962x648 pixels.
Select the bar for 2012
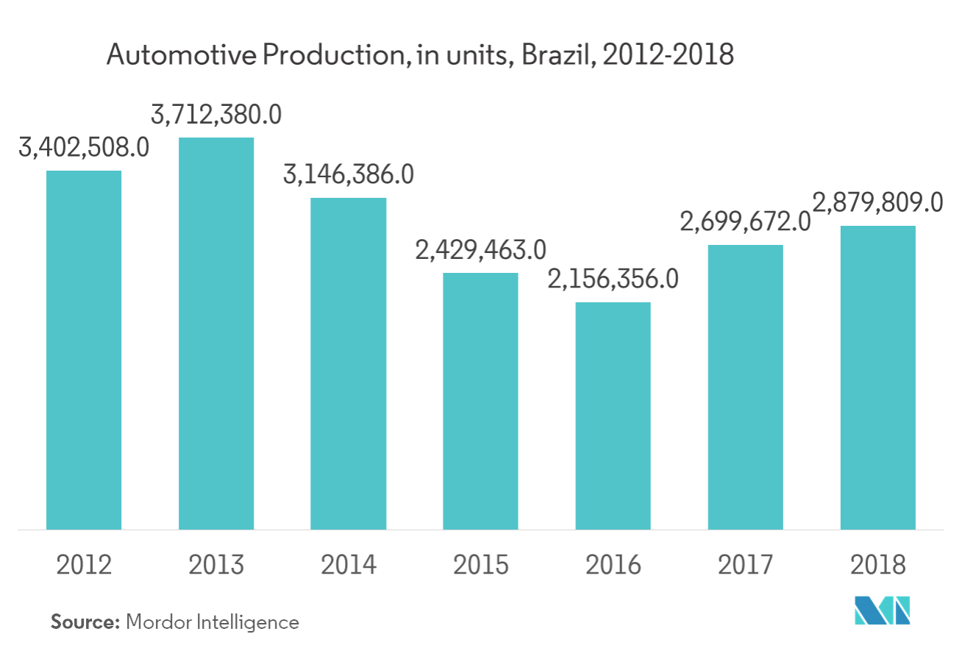84,349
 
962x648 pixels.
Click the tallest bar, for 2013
216,333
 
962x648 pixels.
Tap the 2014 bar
349,363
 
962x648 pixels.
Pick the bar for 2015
480,401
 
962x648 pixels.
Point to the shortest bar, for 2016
613,416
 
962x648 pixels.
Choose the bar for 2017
745,387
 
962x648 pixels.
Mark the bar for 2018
877,377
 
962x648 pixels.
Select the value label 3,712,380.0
216,115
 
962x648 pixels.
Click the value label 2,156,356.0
613,280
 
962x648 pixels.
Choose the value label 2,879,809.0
877,202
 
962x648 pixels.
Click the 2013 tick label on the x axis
216,566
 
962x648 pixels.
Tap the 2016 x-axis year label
613,566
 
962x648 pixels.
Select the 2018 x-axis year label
877,566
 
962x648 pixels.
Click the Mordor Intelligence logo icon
882,610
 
